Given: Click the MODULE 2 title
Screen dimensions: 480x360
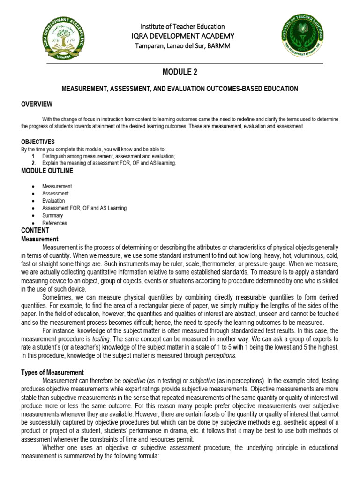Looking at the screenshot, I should pos(180,72).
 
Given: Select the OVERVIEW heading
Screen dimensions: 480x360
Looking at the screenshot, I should pos(37,104).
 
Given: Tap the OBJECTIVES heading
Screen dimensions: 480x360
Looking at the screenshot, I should pos(38,142).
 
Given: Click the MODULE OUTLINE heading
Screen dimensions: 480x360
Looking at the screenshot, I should pos(47,171).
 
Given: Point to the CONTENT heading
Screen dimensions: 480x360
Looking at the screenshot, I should pos(35,230).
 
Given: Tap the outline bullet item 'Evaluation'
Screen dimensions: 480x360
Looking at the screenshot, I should pos(53,201).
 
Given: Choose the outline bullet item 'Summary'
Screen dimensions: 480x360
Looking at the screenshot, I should pos(52,216).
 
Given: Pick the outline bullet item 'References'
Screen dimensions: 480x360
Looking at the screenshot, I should pos(54,223).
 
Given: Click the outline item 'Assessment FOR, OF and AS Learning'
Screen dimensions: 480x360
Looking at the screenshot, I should pos(84,208).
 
